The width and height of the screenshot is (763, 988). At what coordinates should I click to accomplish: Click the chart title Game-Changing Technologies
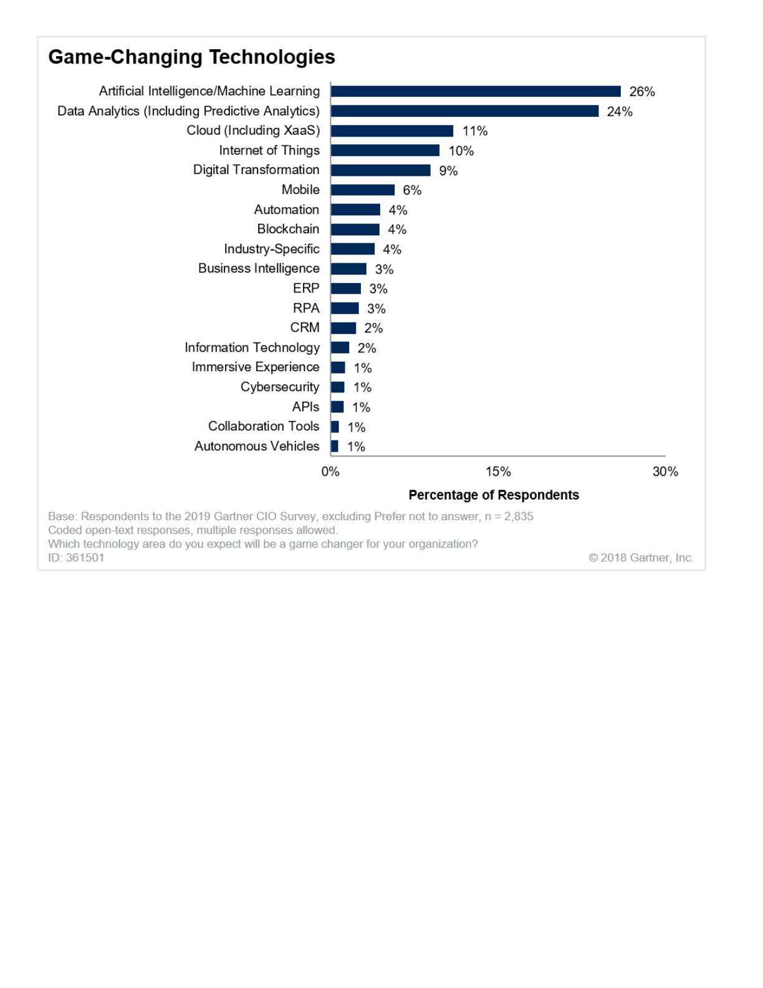[191, 57]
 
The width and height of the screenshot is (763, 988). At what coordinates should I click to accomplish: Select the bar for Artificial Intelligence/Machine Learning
[476, 92]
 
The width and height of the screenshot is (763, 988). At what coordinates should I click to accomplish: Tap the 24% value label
[620, 112]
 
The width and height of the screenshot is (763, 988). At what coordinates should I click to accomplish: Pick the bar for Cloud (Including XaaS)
[392, 131]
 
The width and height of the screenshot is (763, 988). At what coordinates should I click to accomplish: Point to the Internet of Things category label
[269, 150]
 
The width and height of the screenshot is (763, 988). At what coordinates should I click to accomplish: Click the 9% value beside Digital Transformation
[448, 171]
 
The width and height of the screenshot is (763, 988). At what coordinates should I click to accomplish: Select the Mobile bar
[363, 190]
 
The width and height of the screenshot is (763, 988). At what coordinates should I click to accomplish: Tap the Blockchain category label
[288, 229]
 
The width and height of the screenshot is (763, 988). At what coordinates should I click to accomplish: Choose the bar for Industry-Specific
[353, 249]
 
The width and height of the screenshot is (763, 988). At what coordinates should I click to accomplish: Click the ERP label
[306, 288]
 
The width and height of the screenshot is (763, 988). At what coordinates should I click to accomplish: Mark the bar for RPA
[345, 308]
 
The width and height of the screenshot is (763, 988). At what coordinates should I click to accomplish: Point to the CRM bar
[343, 328]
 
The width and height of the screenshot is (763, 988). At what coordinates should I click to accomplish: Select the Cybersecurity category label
[280, 387]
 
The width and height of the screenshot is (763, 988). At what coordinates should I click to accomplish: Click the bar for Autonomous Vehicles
[335, 447]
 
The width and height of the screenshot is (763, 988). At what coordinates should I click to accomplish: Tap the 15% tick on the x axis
[498, 472]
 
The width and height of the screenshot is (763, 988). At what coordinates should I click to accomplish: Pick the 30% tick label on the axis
[665, 472]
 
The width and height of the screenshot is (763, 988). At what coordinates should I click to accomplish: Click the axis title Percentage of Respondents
[494, 495]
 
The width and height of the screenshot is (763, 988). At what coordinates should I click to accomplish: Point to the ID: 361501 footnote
[76, 558]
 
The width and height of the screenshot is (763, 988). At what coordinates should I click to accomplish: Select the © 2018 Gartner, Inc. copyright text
[641, 558]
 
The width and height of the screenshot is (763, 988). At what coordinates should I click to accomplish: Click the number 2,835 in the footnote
[519, 516]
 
